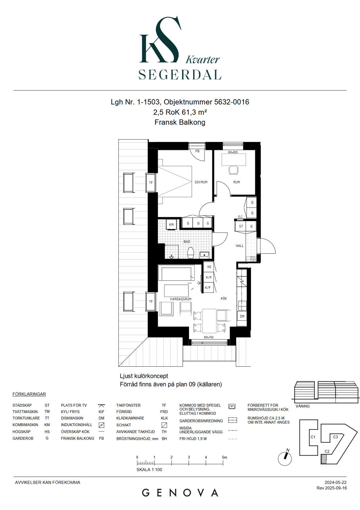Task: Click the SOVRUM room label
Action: [201, 182]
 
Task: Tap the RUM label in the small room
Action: [237, 182]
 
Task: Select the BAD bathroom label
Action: [187, 242]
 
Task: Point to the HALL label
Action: [239, 246]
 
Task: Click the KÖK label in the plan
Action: [224, 299]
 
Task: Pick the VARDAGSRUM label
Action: [181, 299]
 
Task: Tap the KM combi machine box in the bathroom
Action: [171, 225]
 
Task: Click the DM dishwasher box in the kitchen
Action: [242, 316]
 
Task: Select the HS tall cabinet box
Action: [209, 267]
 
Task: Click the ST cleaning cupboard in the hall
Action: [241, 226]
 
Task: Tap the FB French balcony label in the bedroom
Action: [197, 151]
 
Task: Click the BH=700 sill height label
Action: [209, 337]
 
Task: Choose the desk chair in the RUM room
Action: [234, 170]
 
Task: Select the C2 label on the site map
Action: [327, 451]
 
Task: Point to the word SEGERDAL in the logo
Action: [180, 75]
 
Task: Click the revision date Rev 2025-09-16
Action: [332, 488]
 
